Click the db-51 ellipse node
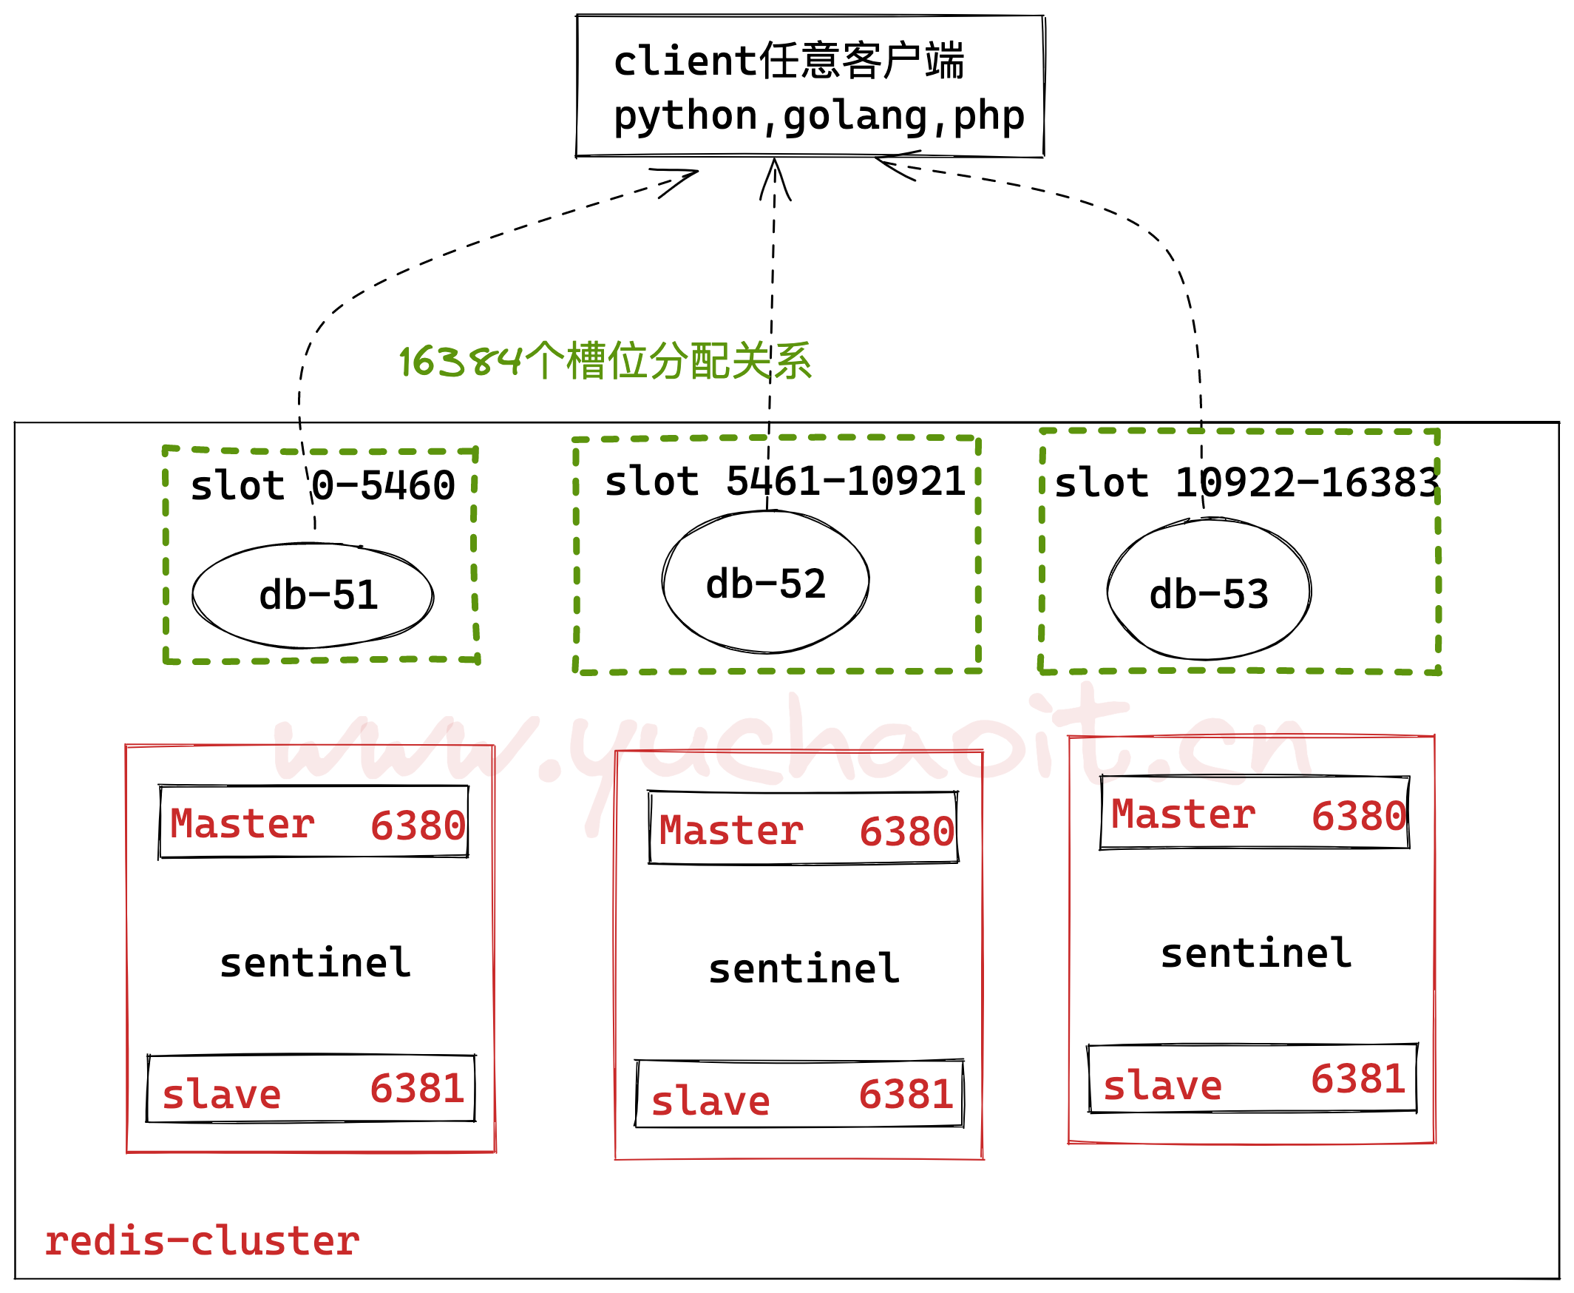pos(313,596)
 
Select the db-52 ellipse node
pos(765,583)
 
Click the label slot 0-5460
pos(322,487)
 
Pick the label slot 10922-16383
pos(1246,483)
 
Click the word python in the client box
pos(685,117)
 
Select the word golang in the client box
pos(855,117)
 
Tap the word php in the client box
pos(988,117)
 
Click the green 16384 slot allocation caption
pos(605,362)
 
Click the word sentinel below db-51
pos(315,964)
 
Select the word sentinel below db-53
pos(1256,954)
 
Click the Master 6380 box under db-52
pos(804,829)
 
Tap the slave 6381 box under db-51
pos(311,1090)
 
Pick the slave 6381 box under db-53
pos(1252,1080)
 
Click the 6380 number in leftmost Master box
pos(418,826)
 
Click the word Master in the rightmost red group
pos(1183,815)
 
